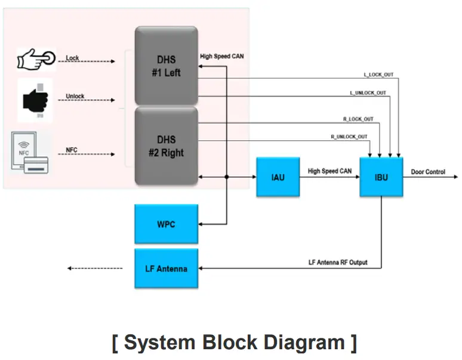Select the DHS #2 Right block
tap(166, 145)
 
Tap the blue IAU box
tap(278, 177)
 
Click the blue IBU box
tap(381, 177)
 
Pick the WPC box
tap(166, 224)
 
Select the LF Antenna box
tap(166, 269)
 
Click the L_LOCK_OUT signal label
tap(378, 75)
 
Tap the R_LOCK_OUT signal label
tap(356, 119)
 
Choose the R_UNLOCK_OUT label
tap(349, 137)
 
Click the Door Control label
tap(428, 172)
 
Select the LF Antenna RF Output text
tap(338, 263)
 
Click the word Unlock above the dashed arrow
tap(75, 96)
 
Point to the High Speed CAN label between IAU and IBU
tap(329, 171)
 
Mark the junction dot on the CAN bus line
tap(227, 177)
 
